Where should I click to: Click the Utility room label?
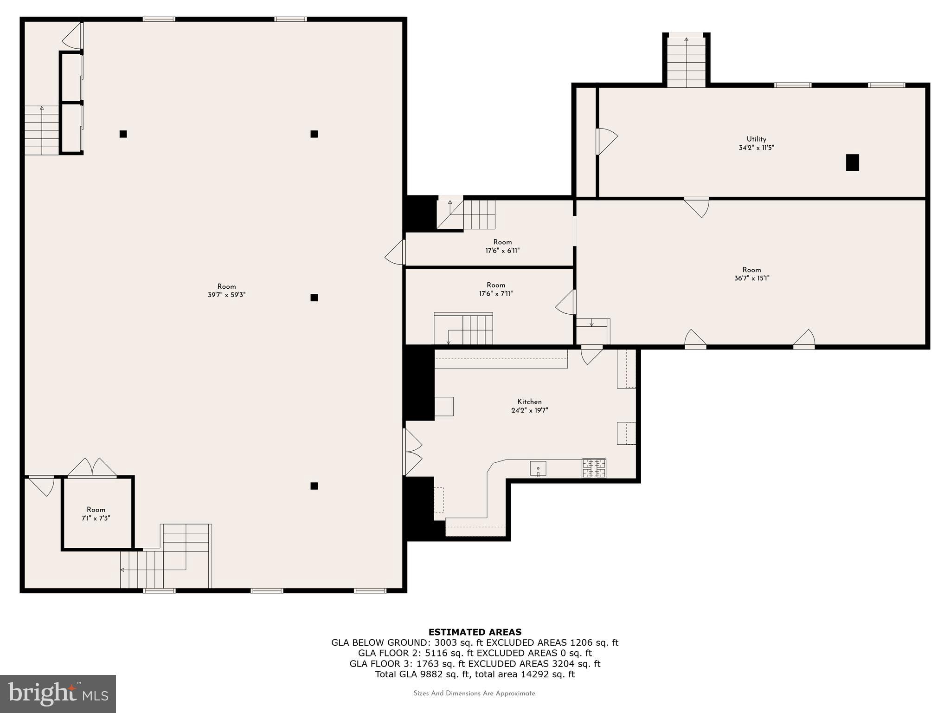756,139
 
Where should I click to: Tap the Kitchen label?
529,402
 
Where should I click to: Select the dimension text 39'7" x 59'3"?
226,295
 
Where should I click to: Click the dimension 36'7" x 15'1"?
751,279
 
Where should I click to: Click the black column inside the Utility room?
852,162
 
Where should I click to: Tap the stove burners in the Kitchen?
594,468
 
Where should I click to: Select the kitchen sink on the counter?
538,468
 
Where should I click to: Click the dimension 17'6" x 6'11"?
502,251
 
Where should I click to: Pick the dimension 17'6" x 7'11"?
496,294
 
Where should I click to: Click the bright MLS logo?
58,694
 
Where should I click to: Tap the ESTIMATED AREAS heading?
475,632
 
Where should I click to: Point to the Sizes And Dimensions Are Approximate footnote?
475,694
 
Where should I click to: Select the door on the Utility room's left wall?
605,142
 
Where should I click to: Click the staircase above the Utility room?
686,62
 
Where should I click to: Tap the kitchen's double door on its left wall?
412,452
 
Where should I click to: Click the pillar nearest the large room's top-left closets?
123,134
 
